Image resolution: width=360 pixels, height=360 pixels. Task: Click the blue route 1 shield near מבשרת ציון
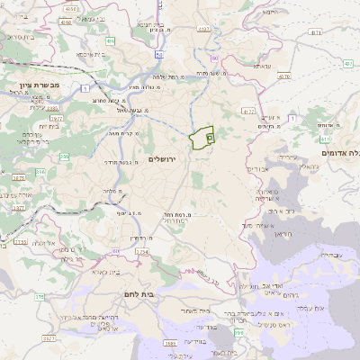point(84,88)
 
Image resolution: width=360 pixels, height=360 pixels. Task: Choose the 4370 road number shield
point(285,77)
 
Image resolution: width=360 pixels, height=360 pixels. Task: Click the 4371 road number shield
point(204,29)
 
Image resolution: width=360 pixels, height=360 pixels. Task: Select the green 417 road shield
point(325,139)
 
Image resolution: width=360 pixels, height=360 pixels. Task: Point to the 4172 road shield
point(247,111)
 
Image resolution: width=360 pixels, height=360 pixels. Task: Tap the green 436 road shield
point(110,40)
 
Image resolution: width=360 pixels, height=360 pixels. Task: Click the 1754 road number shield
point(141,252)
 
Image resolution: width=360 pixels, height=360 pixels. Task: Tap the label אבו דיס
point(258,168)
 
